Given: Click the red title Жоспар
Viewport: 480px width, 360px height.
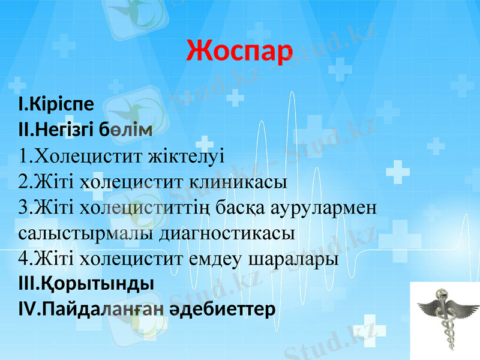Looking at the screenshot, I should (x=239, y=50).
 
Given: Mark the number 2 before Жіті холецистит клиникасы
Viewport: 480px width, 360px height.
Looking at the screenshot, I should (x=24, y=182).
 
